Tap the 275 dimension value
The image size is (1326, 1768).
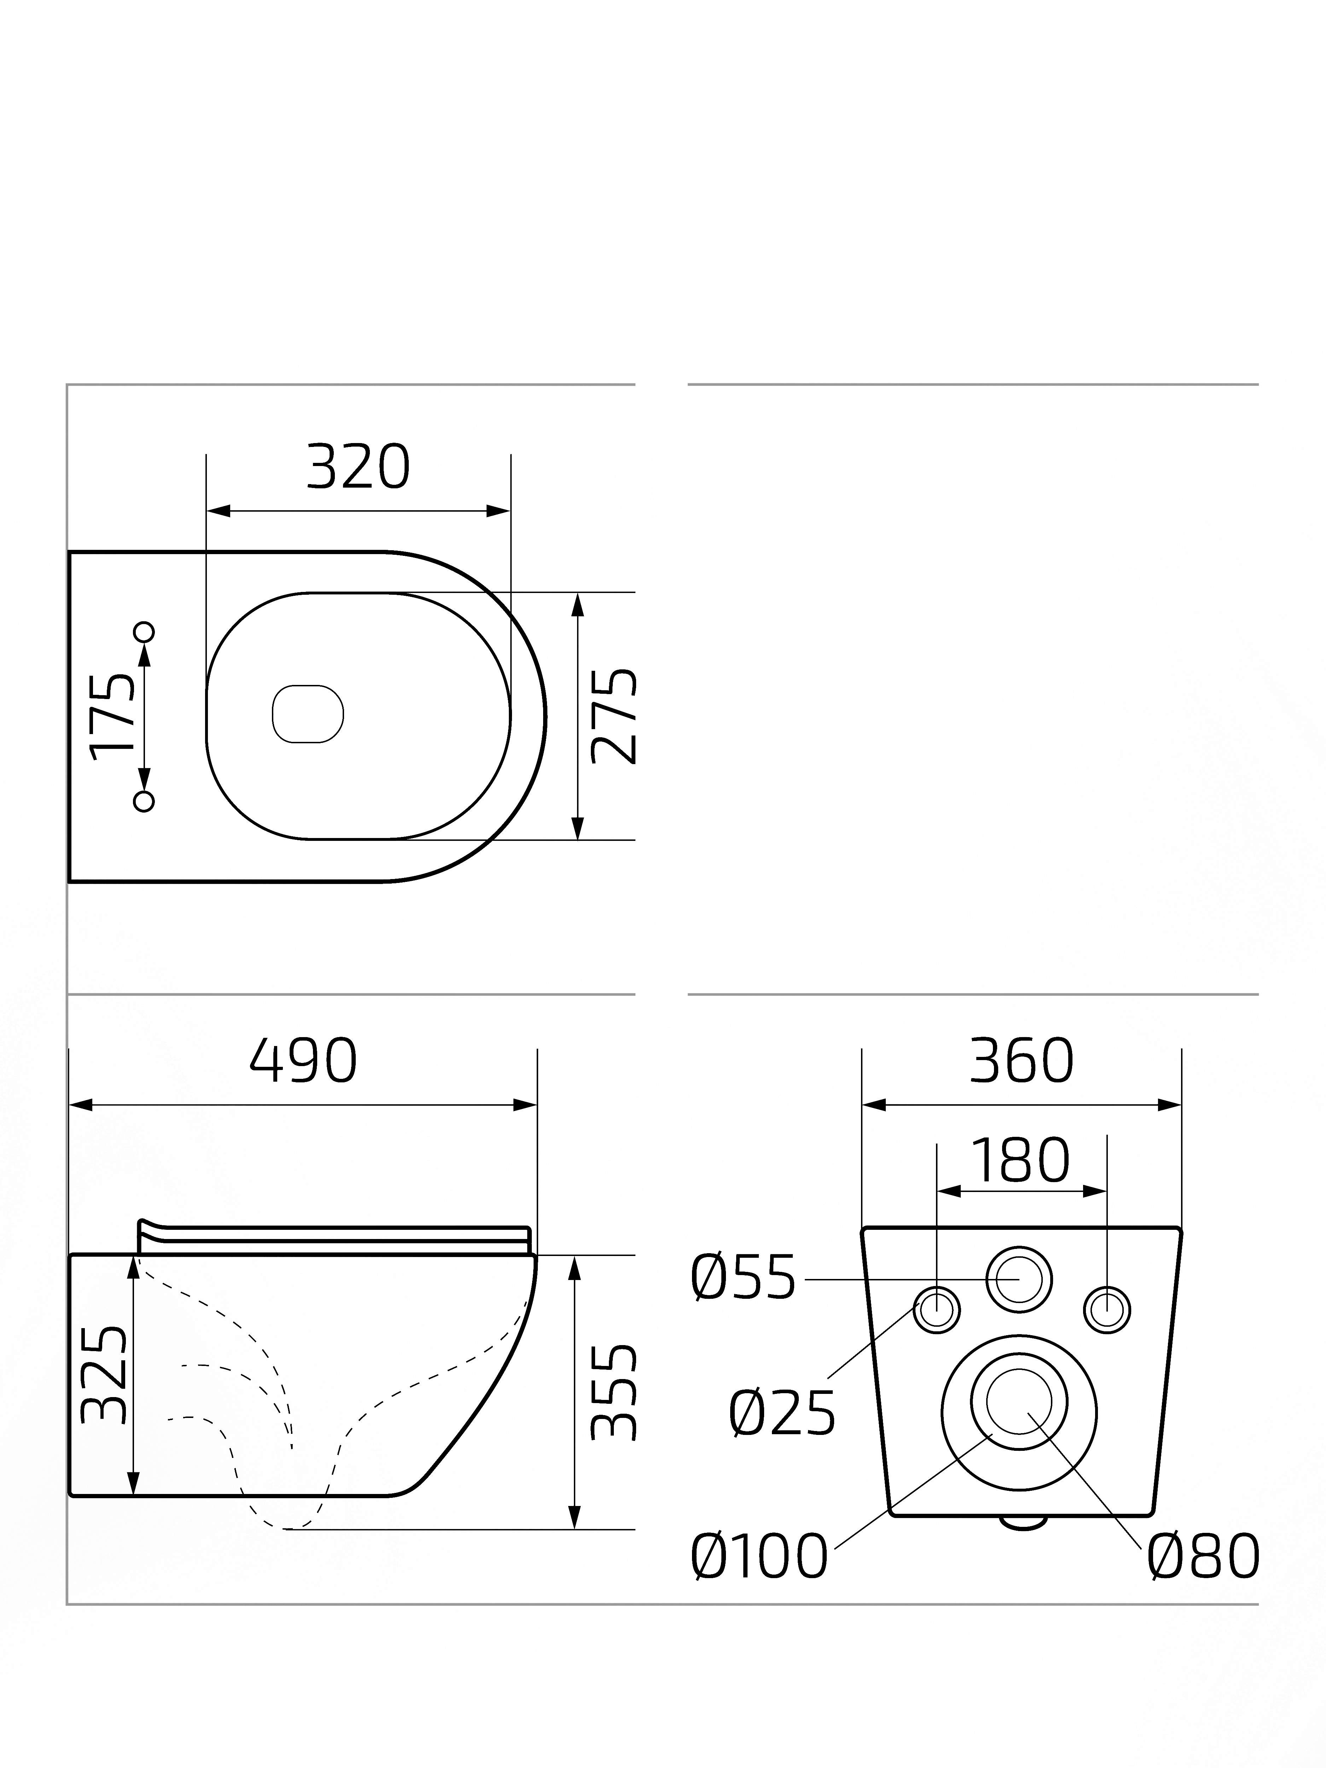614,716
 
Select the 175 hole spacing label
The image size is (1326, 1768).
112,716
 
